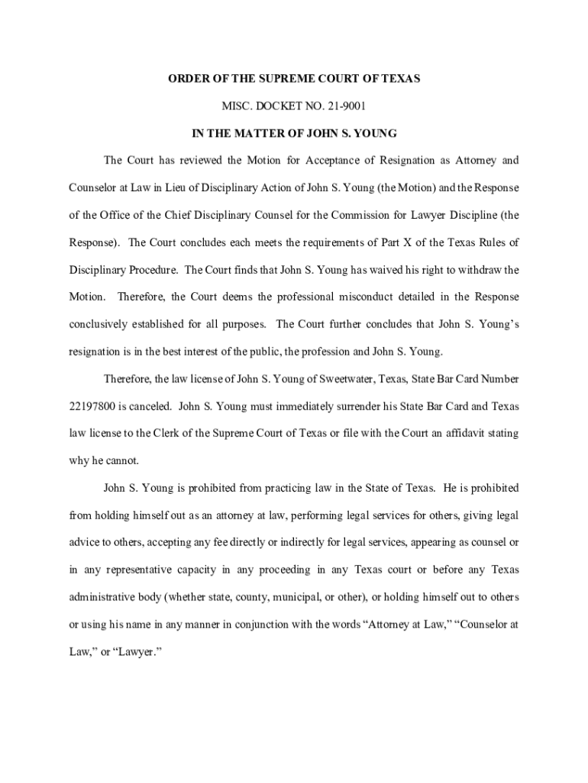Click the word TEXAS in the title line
[x=399, y=79]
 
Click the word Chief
[x=178, y=215]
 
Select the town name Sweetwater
[x=304, y=379]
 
